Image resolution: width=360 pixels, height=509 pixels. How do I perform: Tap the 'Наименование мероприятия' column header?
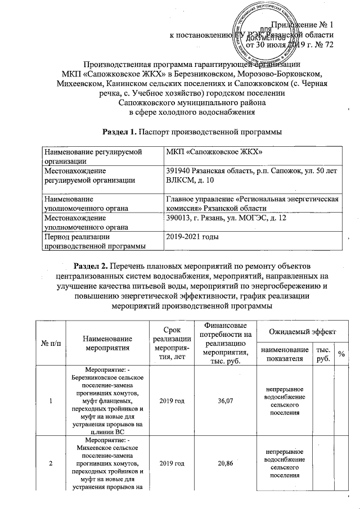tap(107, 343)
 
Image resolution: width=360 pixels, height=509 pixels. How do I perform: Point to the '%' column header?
tap(341, 353)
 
